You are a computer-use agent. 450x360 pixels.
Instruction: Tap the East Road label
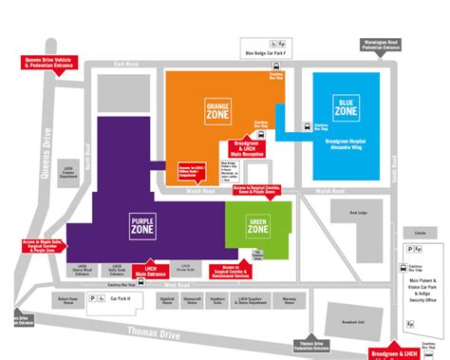click(126, 64)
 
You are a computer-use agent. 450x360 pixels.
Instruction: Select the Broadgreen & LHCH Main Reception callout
click(248, 148)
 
